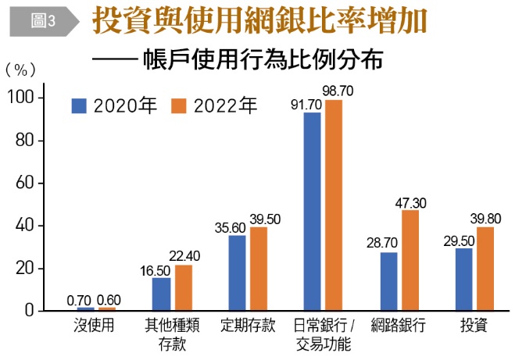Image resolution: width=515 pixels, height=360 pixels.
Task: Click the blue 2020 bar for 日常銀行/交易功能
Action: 313,212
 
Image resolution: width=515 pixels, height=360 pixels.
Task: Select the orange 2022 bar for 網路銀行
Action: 410,260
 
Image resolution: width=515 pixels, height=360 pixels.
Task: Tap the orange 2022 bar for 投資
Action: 486,269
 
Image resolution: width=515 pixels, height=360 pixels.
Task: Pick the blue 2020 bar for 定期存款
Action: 237,273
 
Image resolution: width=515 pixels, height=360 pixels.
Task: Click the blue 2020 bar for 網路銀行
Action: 388,281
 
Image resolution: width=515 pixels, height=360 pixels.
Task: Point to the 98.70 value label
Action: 337,91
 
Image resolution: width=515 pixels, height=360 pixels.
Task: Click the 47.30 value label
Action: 410,203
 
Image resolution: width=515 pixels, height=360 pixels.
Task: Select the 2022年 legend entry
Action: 215,106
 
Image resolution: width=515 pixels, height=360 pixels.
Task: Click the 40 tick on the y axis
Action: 25,226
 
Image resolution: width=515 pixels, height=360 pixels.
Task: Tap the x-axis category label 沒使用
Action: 92,326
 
